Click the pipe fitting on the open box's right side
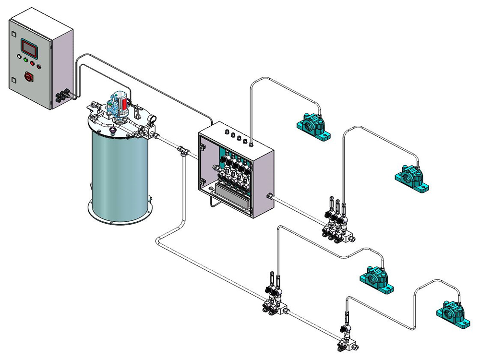click(x=270, y=196)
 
